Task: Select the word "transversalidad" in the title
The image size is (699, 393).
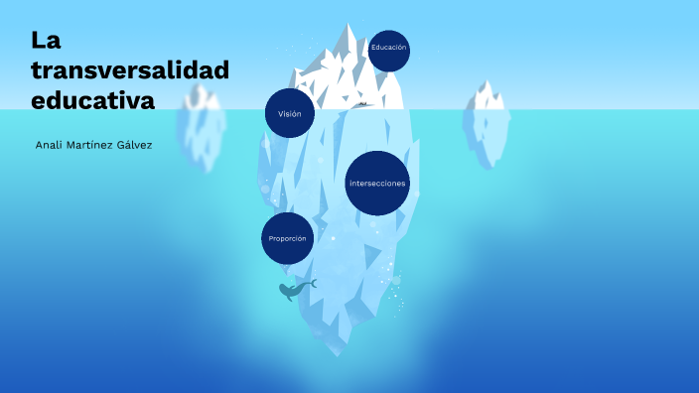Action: (x=130, y=69)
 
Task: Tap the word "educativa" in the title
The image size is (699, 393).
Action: (x=93, y=99)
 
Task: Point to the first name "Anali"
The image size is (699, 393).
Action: (x=50, y=146)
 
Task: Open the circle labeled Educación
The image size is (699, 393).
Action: (x=387, y=49)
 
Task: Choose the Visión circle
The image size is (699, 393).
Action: (x=289, y=113)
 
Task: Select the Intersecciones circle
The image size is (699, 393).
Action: (x=377, y=184)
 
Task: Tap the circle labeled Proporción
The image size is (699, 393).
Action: (x=287, y=239)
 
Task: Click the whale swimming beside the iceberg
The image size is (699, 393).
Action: (x=291, y=291)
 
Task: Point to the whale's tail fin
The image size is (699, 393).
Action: (x=312, y=284)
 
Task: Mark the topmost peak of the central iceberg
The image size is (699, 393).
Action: (x=349, y=26)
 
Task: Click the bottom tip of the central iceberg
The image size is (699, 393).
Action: (x=342, y=354)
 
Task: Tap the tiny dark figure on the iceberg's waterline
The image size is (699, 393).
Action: (x=363, y=103)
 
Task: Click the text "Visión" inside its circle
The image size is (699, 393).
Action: (x=289, y=114)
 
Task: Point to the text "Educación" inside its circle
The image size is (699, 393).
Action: (x=387, y=48)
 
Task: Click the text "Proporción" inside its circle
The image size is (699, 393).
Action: (x=287, y=239)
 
